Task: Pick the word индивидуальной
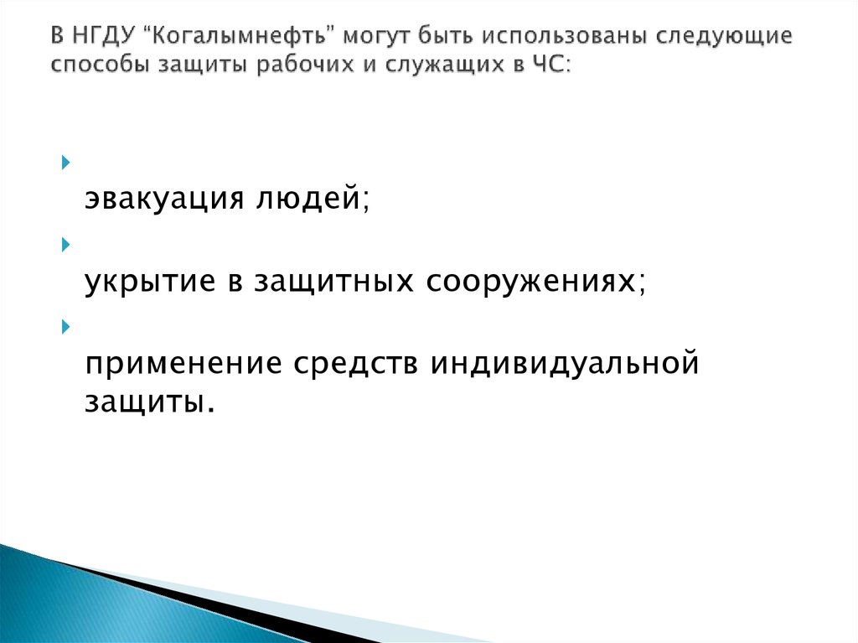tap(564, 365)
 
